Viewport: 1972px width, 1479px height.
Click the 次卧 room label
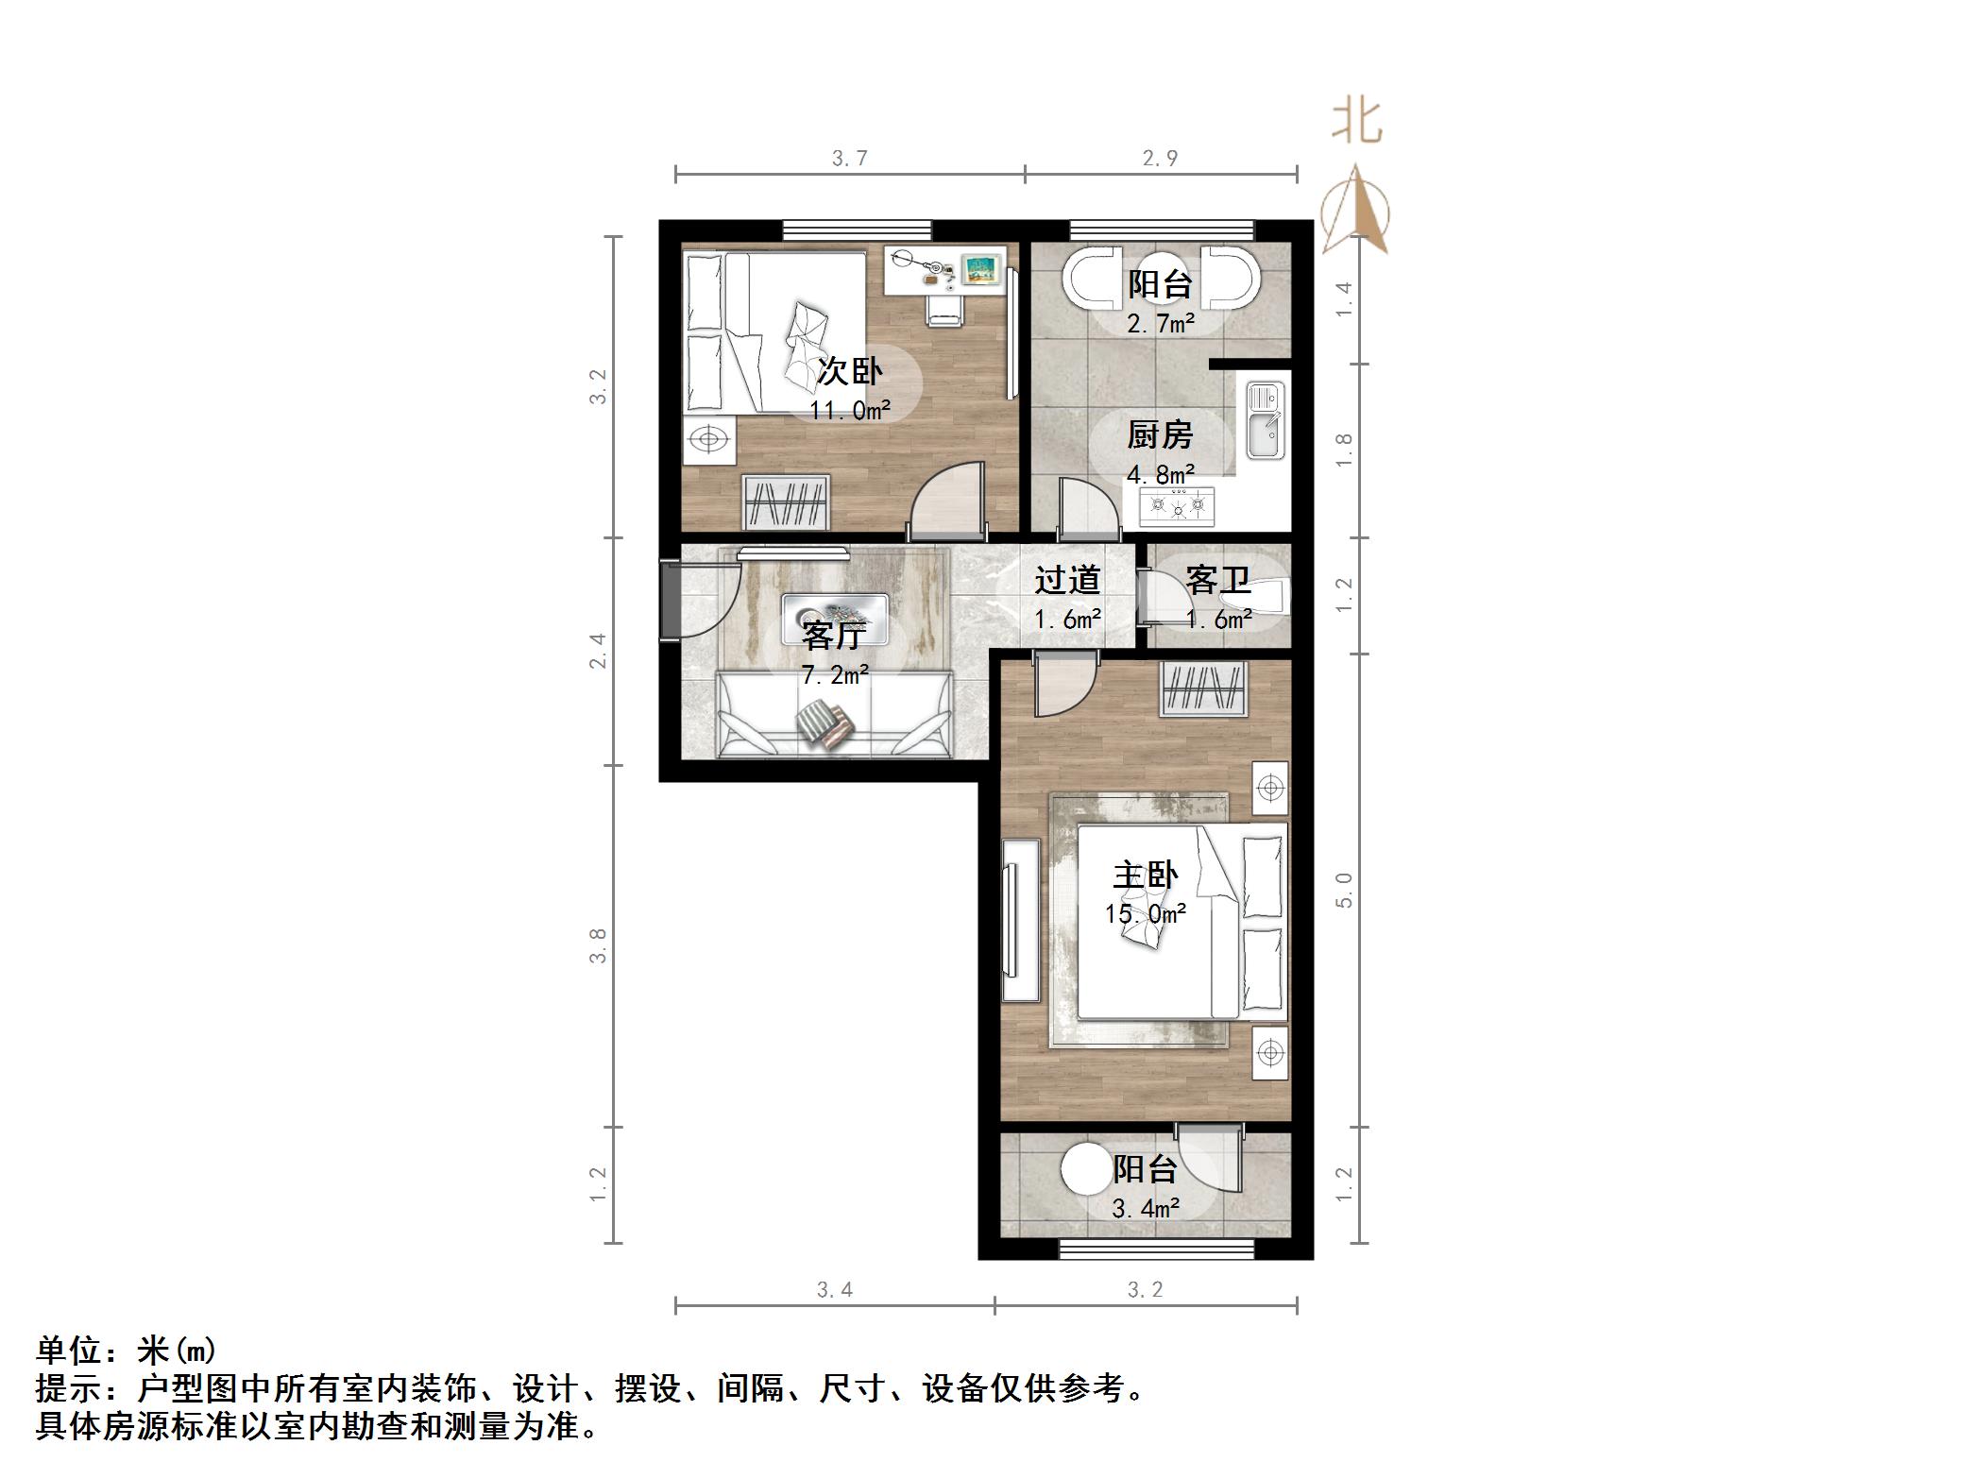850,371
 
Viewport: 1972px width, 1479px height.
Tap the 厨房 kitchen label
1160,435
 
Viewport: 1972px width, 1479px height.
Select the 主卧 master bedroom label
1145,875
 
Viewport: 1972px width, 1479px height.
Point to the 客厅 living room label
833,636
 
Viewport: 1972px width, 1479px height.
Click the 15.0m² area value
1145,914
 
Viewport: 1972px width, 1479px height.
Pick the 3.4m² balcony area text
1145,1208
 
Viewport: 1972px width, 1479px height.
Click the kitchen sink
1264,419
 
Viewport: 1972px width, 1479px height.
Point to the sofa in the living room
834,715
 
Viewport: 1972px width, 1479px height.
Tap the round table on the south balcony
1085,1168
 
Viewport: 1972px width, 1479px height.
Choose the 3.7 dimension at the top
849,159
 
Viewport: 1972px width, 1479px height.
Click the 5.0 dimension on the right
1344,890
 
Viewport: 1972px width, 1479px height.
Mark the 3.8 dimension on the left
597,945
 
